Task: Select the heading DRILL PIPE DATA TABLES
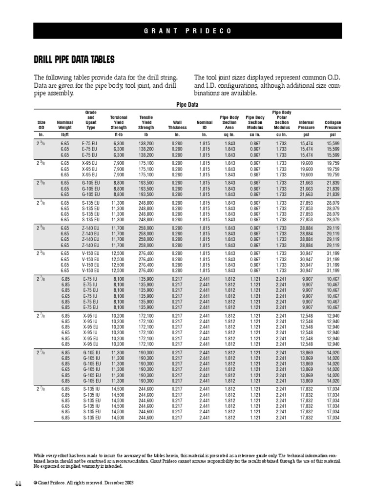click(x=74, y=60)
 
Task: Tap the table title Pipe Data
click(x=187, y=104)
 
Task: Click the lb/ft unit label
click(x=64, y=134)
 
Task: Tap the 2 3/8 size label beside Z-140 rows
click(x=41, y=227)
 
